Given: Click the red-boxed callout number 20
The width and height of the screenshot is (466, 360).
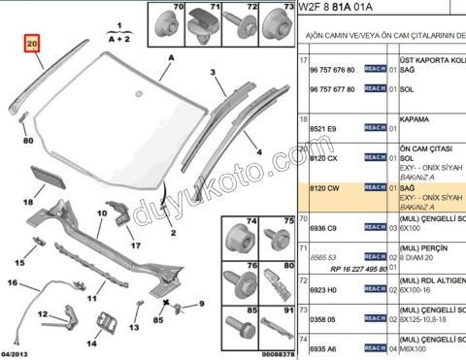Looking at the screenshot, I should click(32, 45).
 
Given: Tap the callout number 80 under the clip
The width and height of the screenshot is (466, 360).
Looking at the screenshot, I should click(27, 140).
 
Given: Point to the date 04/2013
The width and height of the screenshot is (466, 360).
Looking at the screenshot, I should click(17, 353).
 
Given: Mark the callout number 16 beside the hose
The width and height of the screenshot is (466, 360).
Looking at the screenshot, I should click(14, 282).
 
